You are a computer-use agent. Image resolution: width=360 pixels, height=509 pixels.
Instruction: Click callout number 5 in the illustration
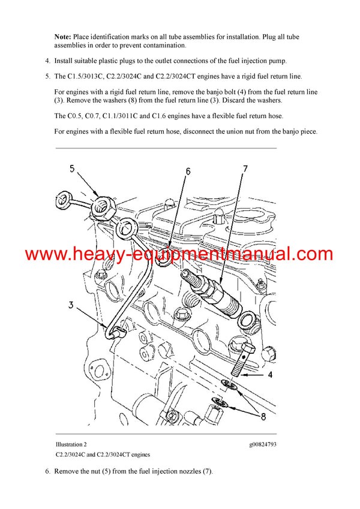pyautogui.click(x=73, y=169)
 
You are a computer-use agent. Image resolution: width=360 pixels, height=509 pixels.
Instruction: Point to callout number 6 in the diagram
pyautogui.click(x=187, y=171)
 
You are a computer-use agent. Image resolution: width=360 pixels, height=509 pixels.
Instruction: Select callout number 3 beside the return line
pyautogui.click(x=70, y=305)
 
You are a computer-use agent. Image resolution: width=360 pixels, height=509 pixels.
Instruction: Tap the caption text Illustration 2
pyautogui.click(x=71, y=444)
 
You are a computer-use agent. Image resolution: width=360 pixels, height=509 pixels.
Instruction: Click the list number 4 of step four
pyautogui.click(x=47, y=61)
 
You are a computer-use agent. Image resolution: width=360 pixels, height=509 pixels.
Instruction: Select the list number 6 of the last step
pyautogui.click(x=47, y=471)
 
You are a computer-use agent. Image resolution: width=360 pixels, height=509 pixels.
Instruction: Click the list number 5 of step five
pyautogui.click(x=47, y=76)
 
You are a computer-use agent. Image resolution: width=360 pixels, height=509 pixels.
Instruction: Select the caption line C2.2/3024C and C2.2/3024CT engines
pyautogui.click(x=103, y=455)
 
